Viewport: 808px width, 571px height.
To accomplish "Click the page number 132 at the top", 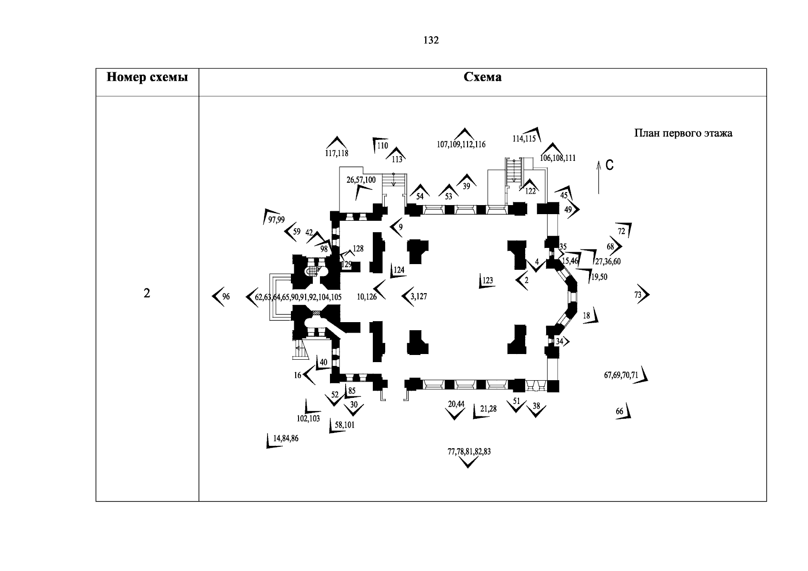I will (x=431, y=40).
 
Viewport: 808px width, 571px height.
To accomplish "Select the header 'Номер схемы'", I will (x=147, y=77).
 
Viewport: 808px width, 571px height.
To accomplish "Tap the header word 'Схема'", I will (x=482, y=77).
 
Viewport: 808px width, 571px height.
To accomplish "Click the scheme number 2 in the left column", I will (x=147, y=294).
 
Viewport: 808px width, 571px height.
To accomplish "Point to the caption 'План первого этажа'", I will (x=683, y=133).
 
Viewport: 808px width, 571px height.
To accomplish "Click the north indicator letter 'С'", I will (x=609, y=165).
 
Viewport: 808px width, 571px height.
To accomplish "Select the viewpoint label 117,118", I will (x=337, y=153).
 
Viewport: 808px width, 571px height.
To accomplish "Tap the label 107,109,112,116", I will (x=461, y=145).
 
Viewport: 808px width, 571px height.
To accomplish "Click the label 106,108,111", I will (x=558, y=158).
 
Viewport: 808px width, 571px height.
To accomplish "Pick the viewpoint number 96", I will (x=226, y=296).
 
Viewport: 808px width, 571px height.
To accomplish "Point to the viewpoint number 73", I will (x=638, y=295).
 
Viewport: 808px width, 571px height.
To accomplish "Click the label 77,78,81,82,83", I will (x=469, y=452).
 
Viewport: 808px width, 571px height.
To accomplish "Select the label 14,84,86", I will (x=286, y=439).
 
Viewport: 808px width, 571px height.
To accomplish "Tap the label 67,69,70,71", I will (x=621, y=375).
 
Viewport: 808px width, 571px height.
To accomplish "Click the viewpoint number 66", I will (x=619, y=412).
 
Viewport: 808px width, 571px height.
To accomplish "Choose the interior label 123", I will (x=488, y=280).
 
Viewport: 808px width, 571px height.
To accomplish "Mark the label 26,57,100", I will (x=361, y=180).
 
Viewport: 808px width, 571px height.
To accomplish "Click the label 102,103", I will (x=308, y=419).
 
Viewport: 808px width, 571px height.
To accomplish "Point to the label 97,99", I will (x=277, y=219).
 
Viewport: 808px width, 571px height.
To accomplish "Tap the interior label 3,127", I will (x=419, y=296).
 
